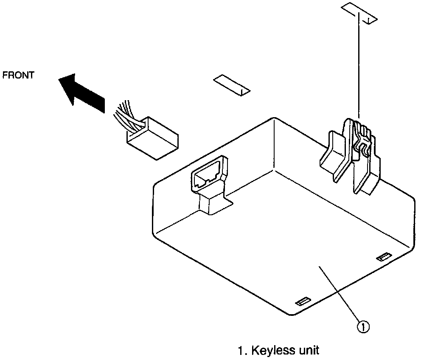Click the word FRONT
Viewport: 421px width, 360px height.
tap(18, 75)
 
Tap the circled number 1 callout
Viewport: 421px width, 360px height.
tap(363, 327)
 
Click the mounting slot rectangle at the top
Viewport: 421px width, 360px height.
tap(359, 14)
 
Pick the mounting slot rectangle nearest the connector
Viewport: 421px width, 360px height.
tap(232, 85)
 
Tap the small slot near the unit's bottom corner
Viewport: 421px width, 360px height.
tap(303, 302)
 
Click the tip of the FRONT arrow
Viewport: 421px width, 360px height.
tap(59, 79)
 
